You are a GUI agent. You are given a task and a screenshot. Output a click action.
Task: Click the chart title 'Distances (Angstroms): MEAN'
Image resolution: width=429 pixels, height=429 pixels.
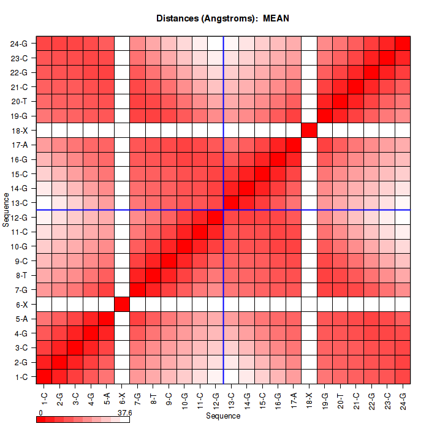222,18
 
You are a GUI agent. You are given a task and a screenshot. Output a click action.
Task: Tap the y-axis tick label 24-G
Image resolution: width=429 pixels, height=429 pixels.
19,44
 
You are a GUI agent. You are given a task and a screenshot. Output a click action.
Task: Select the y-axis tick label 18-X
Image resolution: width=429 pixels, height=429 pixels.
19,131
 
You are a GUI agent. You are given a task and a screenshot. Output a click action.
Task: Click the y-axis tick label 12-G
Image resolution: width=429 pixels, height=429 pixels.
19,218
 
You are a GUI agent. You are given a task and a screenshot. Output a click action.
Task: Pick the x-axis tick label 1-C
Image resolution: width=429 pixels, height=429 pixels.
44,394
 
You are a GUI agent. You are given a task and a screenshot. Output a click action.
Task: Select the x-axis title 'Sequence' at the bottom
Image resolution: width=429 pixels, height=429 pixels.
222,416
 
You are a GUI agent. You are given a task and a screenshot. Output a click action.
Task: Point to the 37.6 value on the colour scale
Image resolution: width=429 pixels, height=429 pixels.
124,413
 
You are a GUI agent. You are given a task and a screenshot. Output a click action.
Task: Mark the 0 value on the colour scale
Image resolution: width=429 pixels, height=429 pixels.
40,413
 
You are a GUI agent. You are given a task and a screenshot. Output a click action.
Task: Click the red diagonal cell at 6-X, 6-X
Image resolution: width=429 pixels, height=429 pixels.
122,304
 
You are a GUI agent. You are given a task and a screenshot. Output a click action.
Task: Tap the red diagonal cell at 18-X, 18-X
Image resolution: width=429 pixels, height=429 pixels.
309,131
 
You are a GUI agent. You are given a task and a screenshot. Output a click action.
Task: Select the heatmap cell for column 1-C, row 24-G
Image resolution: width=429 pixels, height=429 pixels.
44,44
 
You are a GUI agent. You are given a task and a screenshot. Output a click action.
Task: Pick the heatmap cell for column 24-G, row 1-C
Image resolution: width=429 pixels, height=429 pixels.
403,376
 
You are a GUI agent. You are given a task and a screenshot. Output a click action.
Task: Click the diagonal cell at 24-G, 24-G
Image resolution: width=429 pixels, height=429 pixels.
403,44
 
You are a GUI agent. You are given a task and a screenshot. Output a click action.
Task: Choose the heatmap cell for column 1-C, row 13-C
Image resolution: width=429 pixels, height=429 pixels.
44,203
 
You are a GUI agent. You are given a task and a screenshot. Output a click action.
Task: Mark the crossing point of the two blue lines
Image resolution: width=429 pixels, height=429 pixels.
224,210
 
